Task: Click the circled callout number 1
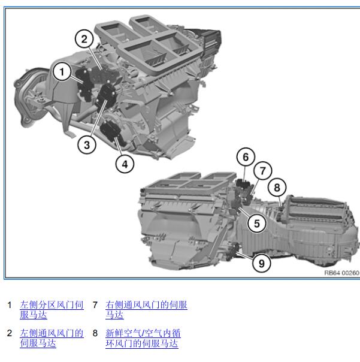(62, 72)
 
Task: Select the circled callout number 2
(84, 38)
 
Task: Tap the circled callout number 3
(87, 145)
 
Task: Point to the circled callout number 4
(125, 164)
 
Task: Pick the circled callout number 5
(256, 223)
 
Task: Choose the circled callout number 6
(246, 157)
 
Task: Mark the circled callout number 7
(262, 171)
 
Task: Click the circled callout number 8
(277, 187)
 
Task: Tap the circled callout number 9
(261, 263)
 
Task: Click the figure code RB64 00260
(342, 273)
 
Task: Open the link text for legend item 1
(52, 310)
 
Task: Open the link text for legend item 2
(52, 338)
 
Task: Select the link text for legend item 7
(146, 310)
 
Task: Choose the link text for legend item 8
(143, 338)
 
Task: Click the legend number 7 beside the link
(95, 305)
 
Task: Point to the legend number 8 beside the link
(95, 333)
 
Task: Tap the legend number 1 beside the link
(9, 305)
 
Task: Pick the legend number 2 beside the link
(9, 333)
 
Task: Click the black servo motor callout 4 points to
(113, 131)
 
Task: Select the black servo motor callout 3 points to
(105, 95)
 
